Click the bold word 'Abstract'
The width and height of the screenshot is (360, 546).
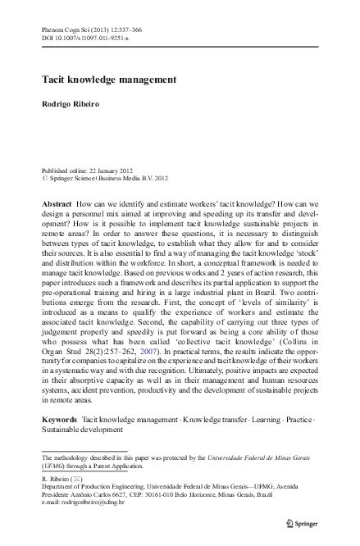click(56, 202)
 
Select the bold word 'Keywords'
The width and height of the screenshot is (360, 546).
click(59, 418)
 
